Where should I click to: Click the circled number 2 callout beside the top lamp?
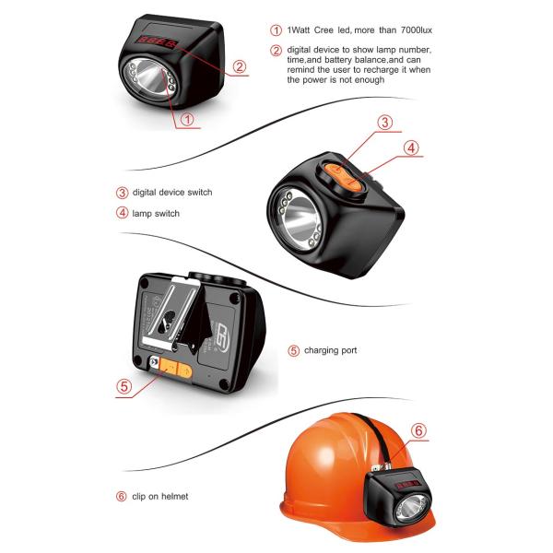coord(240,66)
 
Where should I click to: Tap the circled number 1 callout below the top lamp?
coord(187,119)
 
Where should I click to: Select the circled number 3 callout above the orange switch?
coord(384,123)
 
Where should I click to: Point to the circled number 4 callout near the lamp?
coord(411,148)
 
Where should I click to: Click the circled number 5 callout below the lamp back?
coord(124,386)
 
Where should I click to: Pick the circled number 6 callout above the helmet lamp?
coord(418,430)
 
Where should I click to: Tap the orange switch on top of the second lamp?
coord(344,177)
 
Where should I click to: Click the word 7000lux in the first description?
coord(417,30)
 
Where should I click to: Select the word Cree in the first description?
coord(324,30)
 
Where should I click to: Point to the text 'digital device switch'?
coord(172,193)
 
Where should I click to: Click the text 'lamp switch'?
coord(156,214)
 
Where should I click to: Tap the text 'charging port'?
coord(331,350)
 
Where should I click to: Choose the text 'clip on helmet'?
coord(160,496)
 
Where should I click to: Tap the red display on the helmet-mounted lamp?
coord(407,484)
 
